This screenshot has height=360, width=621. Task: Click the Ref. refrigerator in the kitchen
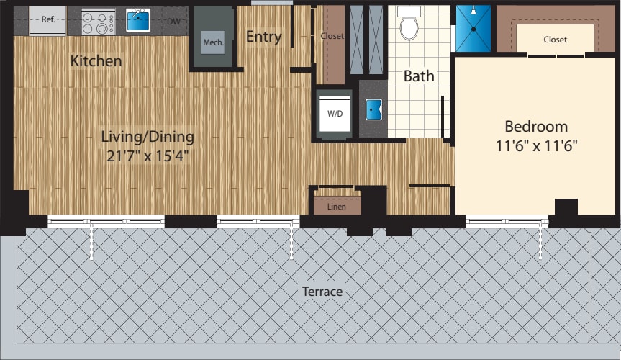click(47, 21)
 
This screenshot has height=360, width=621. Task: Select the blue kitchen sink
click(138, 20)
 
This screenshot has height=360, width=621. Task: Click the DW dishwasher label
click(173, 22)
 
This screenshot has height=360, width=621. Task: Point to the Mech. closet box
click(212, 42)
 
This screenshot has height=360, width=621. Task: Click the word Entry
click(263, 37)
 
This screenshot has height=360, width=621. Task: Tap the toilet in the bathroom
click(409, 24)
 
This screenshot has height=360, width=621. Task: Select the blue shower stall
click(473, 28)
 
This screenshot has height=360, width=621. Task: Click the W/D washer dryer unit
click(335, 114)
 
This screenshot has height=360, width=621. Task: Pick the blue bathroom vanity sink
click(373, 109)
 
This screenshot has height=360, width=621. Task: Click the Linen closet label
click(336, 207)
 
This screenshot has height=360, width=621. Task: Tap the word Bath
click(418, 76)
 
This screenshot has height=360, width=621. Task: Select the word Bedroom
click(536, 126)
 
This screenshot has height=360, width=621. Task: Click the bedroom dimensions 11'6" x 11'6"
click(536, 145)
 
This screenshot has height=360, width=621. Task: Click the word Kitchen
click(96, 61)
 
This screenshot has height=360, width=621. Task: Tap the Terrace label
click(322, 291)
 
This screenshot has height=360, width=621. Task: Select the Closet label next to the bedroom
click(555, 40)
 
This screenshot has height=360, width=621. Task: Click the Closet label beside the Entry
click(332, 36)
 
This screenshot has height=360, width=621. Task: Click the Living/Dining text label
click(147, 135)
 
